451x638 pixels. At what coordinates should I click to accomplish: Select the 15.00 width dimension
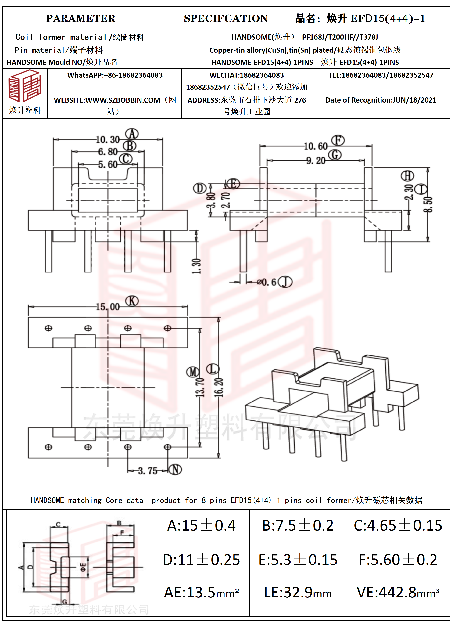pyautogui.click(x=108, y=307)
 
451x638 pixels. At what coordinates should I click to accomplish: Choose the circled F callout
pyautogui.click(x=338, y=140)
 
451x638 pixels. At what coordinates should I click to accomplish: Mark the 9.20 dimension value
pyautogui.click(x=316, y=161)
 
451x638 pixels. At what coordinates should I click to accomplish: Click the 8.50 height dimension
pyautogui.click(x=428, y=204)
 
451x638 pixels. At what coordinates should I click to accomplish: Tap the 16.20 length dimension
pyautogui.click(x=219, y=387)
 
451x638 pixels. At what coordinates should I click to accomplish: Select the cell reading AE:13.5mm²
pyautogui.click(x=201, y=592)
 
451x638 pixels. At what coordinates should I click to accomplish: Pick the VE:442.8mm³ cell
pyautogui.click(x=398, y=592)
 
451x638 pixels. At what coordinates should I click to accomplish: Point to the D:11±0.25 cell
pyautogui.click(x=201, y=560)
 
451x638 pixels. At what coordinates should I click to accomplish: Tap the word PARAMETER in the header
pyautogui.click(x=81, y=19)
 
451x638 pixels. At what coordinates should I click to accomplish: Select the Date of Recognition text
pyautogui.click(x=381, y=100)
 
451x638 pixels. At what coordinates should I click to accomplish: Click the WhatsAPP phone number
pyautogui.click(x=115, y=75)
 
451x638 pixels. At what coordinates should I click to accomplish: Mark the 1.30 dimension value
pyautogui.click(x=196, y=266)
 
